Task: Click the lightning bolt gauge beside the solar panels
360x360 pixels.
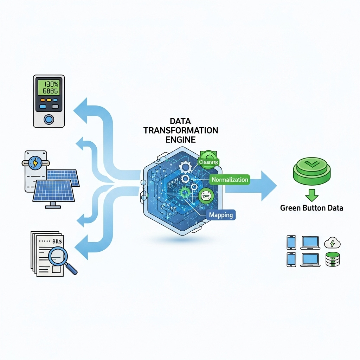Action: click(35, 162)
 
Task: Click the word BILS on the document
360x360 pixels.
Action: click(56, 242)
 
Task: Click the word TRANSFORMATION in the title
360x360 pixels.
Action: click(181, 130)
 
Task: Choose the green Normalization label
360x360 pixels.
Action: click(230, 180)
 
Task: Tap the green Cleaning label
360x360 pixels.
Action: click(208, 162)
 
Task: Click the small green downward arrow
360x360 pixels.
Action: click(311, 194)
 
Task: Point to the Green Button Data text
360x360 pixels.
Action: click(311, 208)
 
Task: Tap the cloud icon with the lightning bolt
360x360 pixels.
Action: click(333, 243)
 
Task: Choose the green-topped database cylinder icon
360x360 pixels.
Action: click(333, 259)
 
